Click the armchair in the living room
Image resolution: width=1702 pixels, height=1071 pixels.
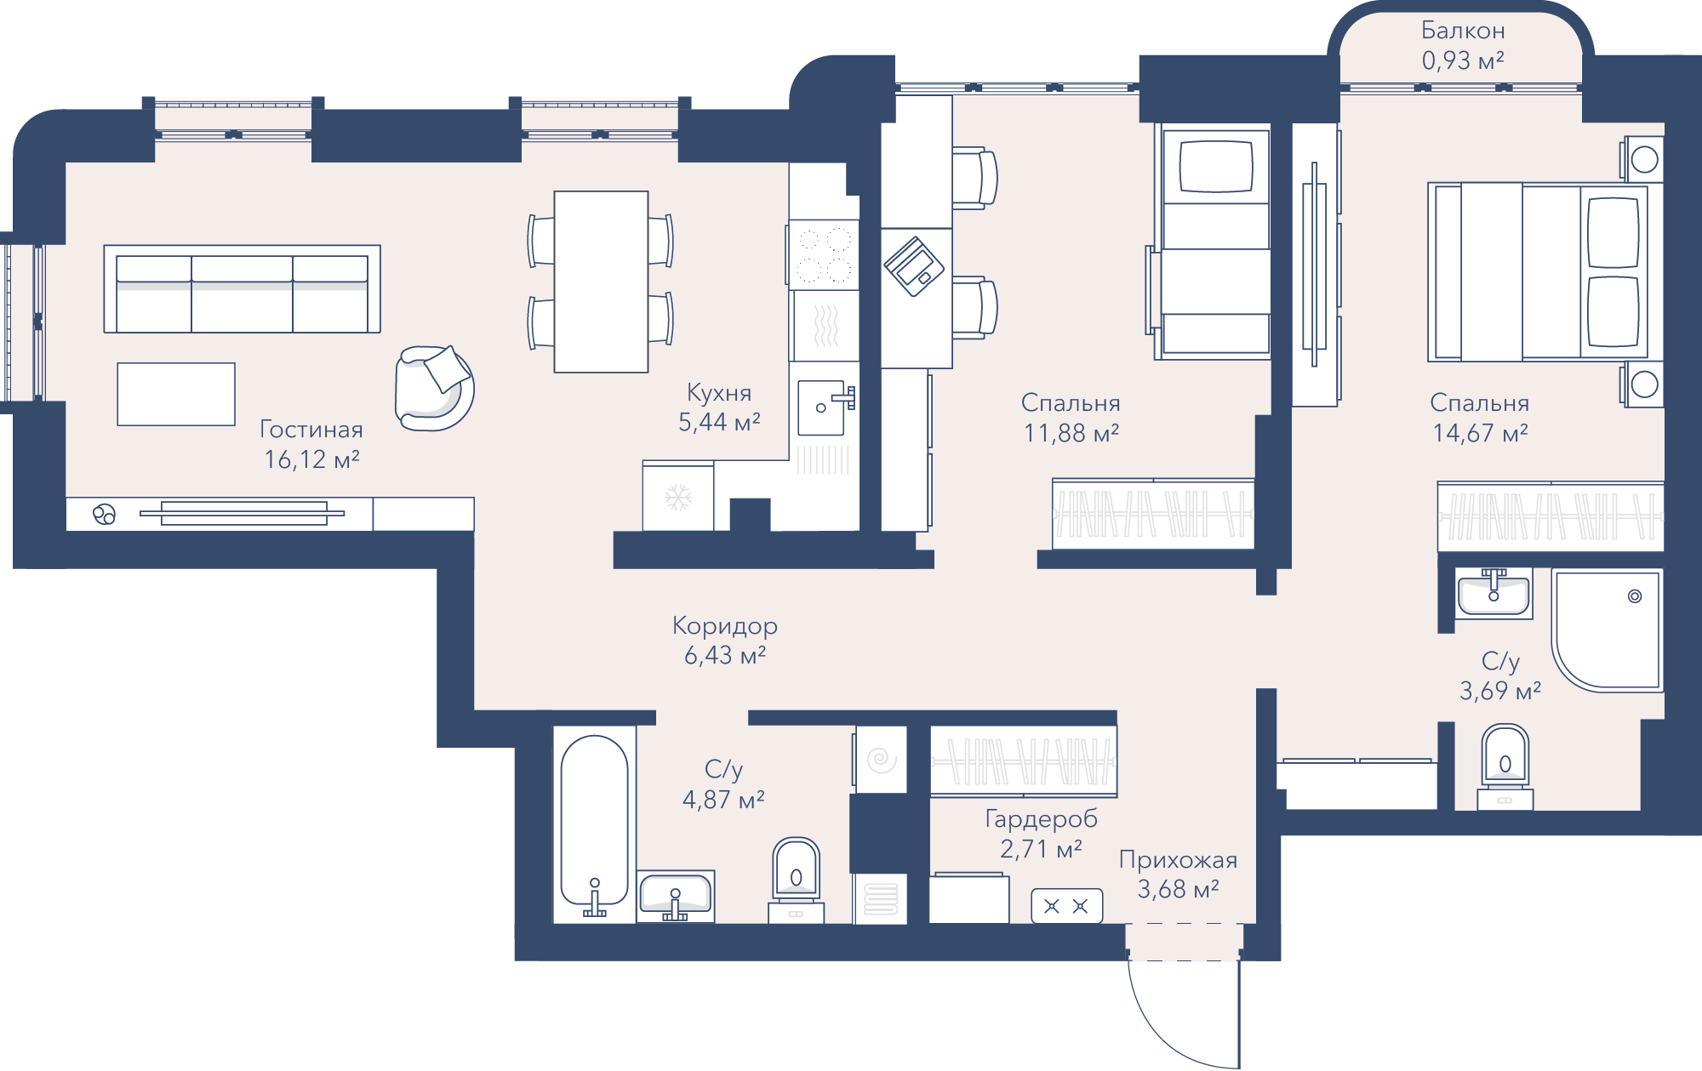click(434, 388)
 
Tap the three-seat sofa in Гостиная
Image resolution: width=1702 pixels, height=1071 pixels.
click(242, 289)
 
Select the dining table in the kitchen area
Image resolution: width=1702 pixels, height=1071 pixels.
click(601, 282)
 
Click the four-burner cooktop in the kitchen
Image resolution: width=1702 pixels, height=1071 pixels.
click(823, 254)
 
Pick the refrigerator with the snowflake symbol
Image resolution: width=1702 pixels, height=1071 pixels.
click(678, 497)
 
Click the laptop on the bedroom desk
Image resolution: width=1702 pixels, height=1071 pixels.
click(914, 266)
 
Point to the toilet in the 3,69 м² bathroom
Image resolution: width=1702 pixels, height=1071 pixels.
click(1505, 766)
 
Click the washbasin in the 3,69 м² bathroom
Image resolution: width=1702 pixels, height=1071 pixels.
click(1494, 593)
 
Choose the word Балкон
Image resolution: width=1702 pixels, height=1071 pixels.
click(1463, 31)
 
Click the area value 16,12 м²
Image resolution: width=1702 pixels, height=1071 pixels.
click(311, 459)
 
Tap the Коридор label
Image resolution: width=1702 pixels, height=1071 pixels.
click(725, 626)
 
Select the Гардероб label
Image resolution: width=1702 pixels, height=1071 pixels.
click(1041, 819)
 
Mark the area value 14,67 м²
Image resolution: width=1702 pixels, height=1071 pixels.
click(1480, 433)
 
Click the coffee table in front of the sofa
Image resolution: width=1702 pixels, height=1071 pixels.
click(176, 394)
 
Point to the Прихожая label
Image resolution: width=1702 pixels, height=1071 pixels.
click(1178, 860)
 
